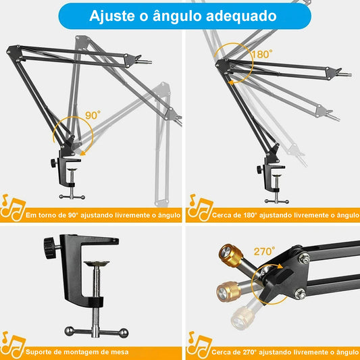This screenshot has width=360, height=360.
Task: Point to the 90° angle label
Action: point(93,115)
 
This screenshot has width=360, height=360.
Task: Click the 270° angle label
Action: point(264,252)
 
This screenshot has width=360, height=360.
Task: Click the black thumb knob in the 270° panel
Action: point(279,274)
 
